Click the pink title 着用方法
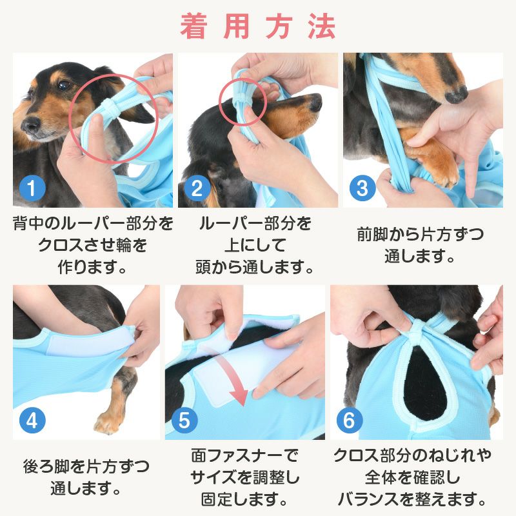click(x=258, y=27)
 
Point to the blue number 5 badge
click(x=184, y=421)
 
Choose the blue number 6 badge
click(x=349, y=421)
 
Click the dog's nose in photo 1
click(x=26, y=123)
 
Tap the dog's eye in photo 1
click(x=63, y=85)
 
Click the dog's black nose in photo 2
click(x=314, y=103)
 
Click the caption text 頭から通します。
click(x=255, y=266)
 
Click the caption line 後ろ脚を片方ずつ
click(x=86, y=466)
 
